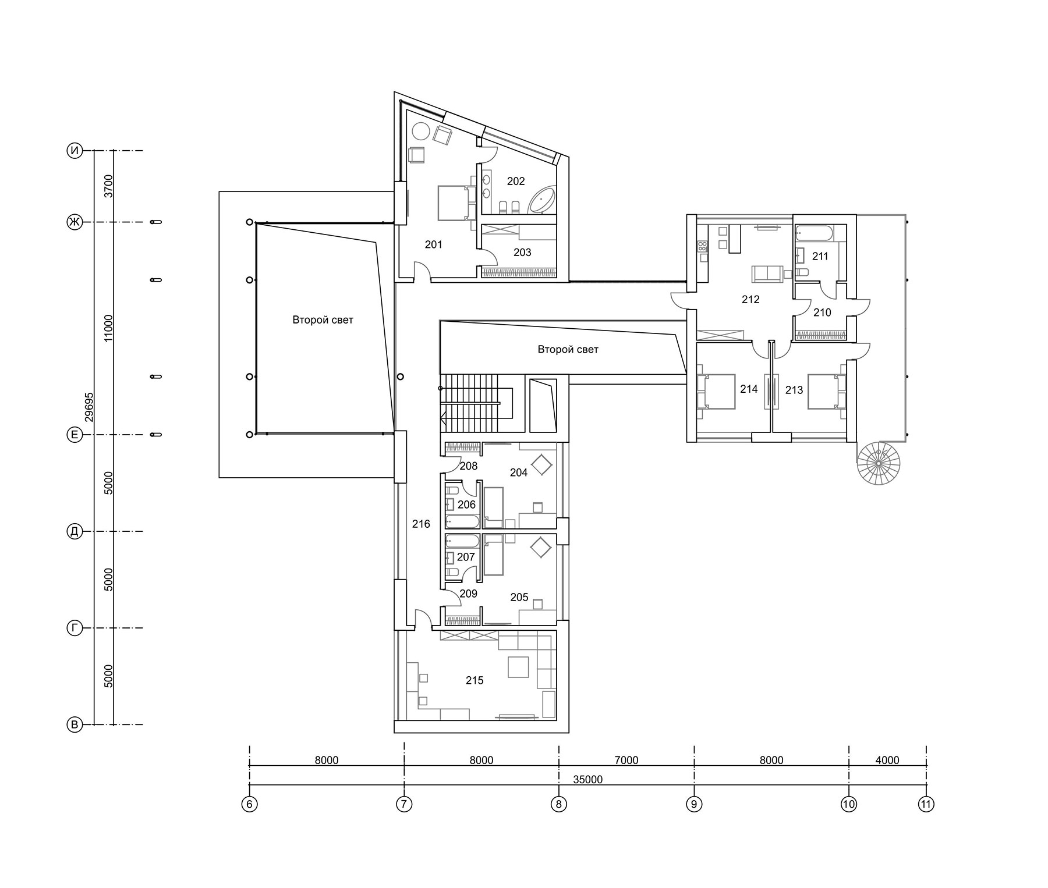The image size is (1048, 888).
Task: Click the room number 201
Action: click(433, 244)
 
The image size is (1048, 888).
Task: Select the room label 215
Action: click(475, 680)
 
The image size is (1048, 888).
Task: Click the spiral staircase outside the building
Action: click(879, 463)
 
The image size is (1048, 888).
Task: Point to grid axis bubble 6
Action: click(249, 804)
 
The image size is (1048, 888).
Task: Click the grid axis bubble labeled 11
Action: click(926, 804)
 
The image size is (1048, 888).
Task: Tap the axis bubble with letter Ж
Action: click(75, 222)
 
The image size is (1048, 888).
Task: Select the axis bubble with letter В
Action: click(75, 725)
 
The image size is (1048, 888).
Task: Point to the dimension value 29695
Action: click(89, 407)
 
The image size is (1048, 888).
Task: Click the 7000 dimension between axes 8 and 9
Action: click(626, 760)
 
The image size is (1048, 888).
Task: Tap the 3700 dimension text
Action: click(108, 186)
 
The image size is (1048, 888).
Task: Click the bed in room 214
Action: click(716, 392)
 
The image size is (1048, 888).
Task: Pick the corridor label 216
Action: click(421, 524)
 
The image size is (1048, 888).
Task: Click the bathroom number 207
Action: click(466, 557)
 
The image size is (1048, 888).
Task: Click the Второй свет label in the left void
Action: click(323, 320)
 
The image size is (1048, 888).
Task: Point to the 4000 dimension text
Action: click(887, 760)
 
